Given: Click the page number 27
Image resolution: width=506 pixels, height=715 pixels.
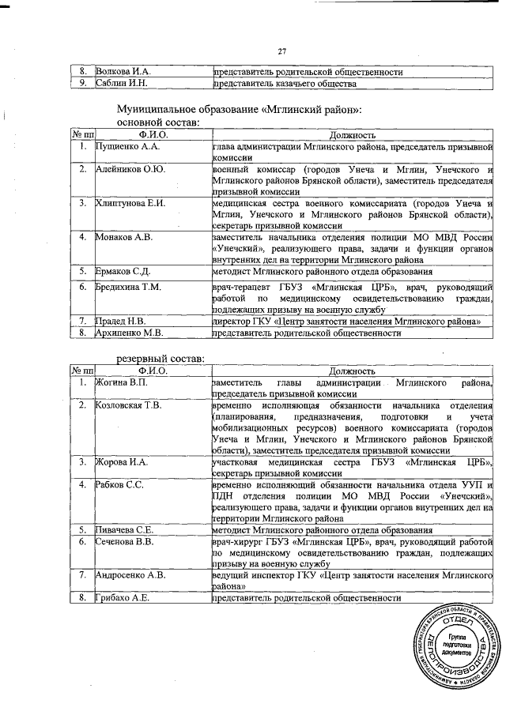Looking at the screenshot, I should [281, 52].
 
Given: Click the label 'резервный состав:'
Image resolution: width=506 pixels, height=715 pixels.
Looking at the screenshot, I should [160, 360].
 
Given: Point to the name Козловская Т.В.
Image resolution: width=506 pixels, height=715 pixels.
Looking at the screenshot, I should [128, 405].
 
